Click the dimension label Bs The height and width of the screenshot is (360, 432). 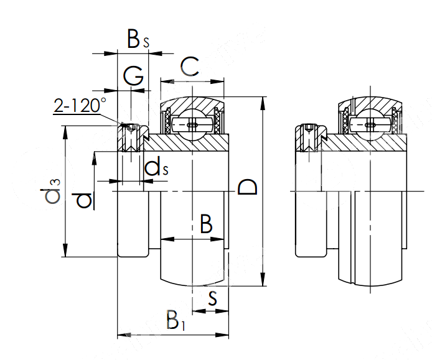pyautogui.click(x=138, y=40)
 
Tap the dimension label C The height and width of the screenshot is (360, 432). pyautogui.click(x=190, y=67)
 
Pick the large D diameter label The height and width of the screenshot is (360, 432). pyautogui.click(x=248, y=187)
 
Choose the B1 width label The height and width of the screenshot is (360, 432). pyautogui.click(x=176, y=320)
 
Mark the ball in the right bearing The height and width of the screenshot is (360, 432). pyautogui.click(x=370, y=123)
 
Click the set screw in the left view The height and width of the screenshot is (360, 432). pyautogui.click(x=131, y=138)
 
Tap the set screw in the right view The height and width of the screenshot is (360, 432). pyautogui.click(x=309, y=138)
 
